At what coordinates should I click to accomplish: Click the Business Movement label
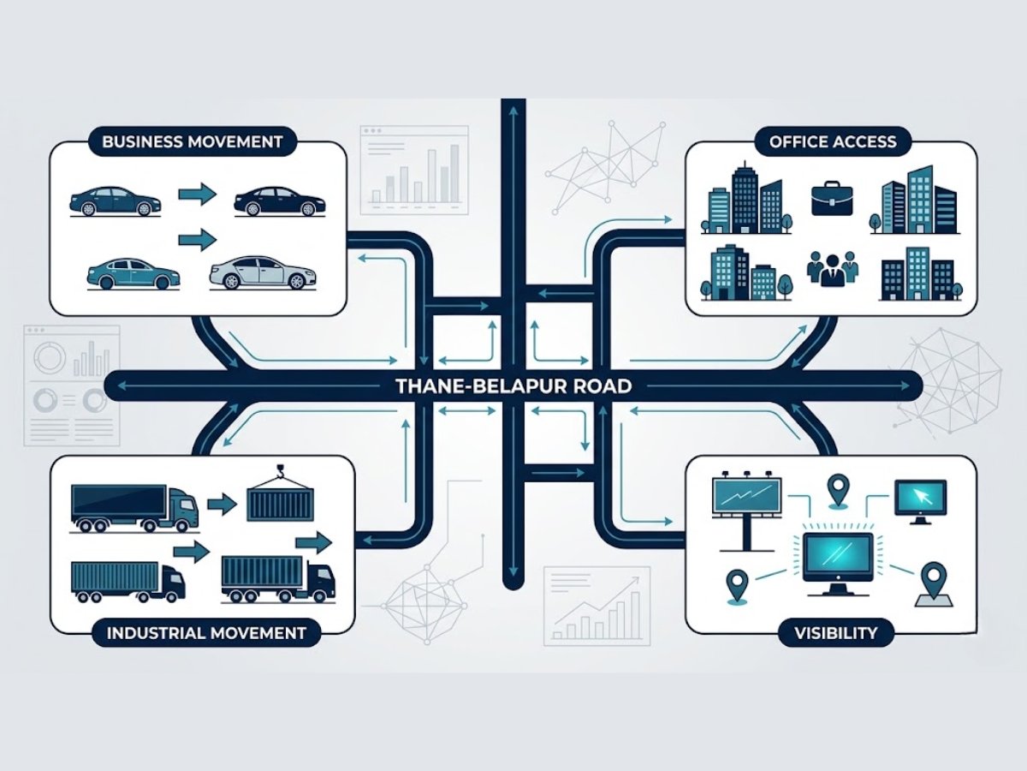[192, 142]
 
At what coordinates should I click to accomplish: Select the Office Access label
[833, 142]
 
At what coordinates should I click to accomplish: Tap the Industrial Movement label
[205, 634]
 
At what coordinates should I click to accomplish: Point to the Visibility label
[834, 634]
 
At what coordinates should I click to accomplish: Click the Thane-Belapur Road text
[513, 386]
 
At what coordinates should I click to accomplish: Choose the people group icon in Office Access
[832, 270]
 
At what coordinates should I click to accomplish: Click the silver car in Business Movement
[261, 272]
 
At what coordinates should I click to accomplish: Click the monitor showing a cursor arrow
[920, 500]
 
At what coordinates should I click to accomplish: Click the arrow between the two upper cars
[197, 195]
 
